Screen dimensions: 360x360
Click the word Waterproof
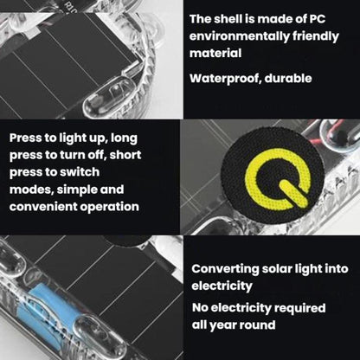pos(225,79)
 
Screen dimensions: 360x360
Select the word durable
pos(288,78)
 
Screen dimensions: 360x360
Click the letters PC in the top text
pos(317,19)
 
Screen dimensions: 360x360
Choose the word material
pos(215,54)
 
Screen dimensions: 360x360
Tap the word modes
pos(31,190)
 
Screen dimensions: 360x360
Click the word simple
pos(76,190)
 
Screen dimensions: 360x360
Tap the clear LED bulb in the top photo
pos(111,97)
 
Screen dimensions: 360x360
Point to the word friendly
pos(316,37)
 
